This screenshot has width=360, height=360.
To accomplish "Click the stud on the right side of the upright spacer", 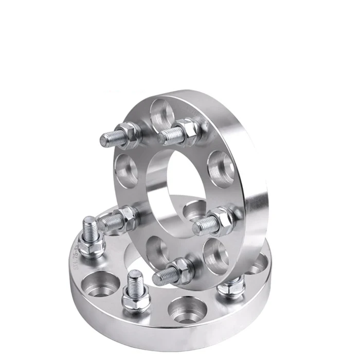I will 206,224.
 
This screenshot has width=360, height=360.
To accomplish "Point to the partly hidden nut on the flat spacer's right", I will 231,285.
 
